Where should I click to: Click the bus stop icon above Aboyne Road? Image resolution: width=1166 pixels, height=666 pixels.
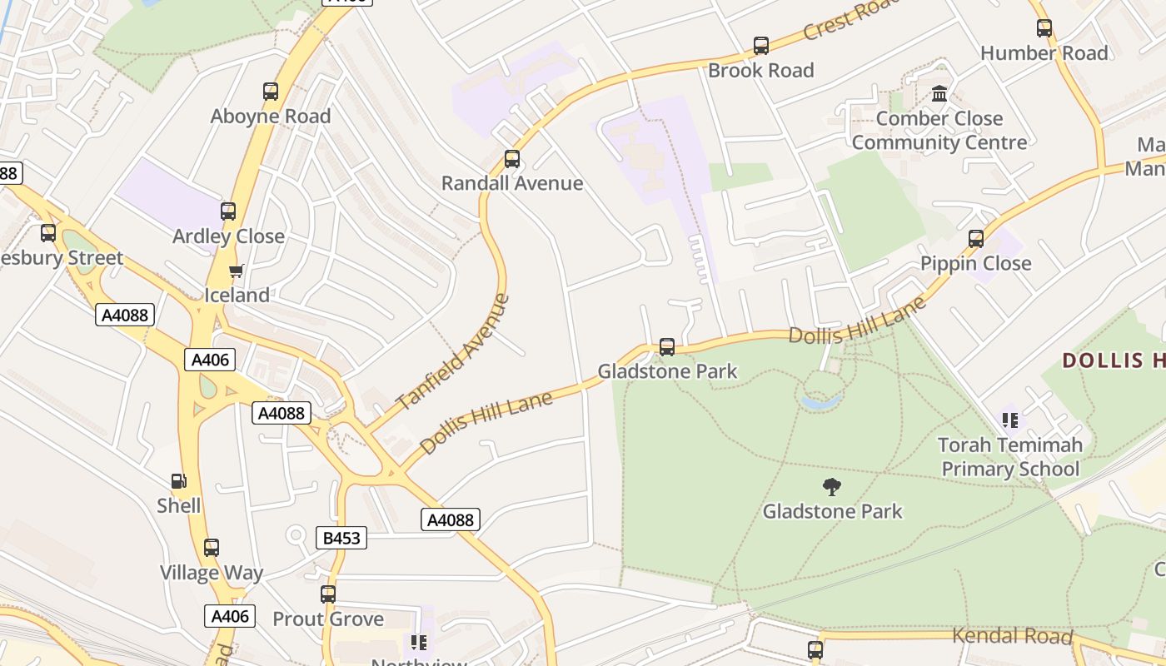(271, 92)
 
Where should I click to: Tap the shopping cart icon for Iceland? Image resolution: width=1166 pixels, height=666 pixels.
(237, 271)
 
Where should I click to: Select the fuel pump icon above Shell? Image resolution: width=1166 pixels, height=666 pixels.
(178, 481)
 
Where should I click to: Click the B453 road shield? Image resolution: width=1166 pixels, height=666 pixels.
(341, 538)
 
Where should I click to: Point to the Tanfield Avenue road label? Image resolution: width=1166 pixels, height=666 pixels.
(452, 352)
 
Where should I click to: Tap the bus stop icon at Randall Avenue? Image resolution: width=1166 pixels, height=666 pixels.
(512, 159)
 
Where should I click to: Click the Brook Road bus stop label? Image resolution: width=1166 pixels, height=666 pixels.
(760, 71)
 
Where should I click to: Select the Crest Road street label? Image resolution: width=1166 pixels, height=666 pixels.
(851, 19)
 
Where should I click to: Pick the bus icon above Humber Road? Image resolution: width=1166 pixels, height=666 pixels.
(1044, 28)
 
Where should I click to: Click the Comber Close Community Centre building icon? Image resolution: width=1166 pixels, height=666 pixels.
(939, 94)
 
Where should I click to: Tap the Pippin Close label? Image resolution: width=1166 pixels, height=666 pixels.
(975, 264)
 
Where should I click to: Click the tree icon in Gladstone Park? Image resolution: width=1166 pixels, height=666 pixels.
(831, 486)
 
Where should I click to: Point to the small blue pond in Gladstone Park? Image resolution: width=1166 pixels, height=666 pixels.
(821, 403)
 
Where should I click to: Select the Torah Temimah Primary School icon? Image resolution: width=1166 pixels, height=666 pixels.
(1010, 420)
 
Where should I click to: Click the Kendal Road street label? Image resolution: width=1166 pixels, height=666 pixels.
(1012, 636)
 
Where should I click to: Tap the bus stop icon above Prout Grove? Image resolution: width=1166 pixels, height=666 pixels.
(328, 594)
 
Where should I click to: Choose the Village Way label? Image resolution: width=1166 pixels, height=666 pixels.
(212, 573)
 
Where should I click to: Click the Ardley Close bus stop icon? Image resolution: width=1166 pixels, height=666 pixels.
(228, 211)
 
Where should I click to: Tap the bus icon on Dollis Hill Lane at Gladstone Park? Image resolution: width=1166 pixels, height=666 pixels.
(667, 347)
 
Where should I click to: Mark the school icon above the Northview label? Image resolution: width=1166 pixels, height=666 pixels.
(419, 642)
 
